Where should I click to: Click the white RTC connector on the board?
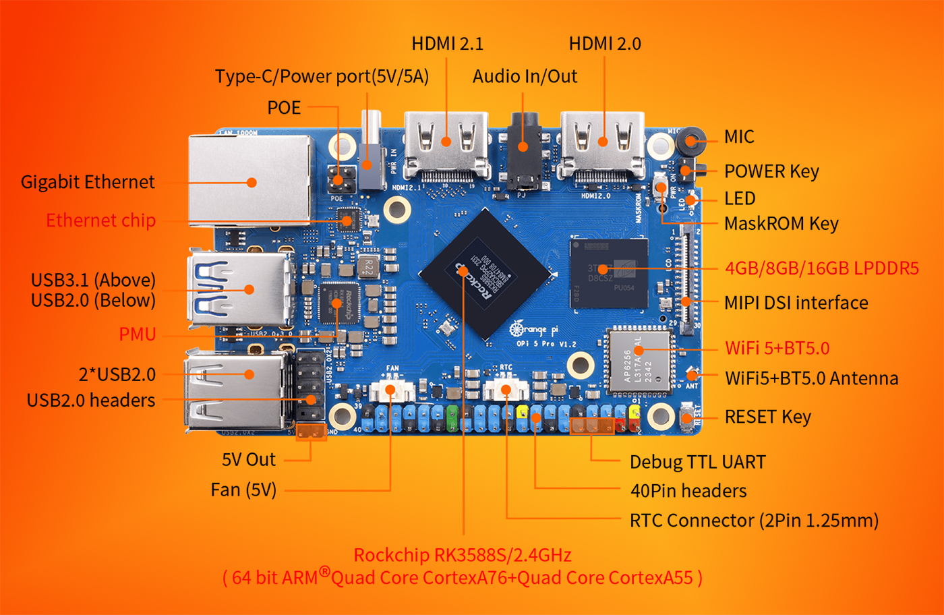click(x=506, y=390)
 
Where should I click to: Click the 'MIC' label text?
click(x=739, y=137)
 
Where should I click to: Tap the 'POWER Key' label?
click(x=771, y=171)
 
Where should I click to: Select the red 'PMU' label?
click(x=138, y=334)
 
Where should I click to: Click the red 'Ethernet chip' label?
click(x=100, y=221)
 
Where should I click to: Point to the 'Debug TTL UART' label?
click(x=697, y=463)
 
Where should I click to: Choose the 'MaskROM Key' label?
click(x=781, y=224)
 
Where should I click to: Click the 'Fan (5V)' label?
click(x=243, y=490)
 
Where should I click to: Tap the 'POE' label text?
click(x=284, y=108)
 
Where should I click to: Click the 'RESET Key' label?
click(x=767, y=417)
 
